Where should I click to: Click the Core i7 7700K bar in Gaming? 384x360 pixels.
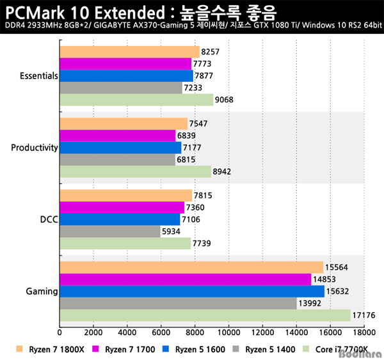[205, 315]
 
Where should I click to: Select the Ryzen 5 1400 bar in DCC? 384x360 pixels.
[109, 231]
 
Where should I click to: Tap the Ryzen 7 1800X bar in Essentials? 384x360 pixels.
[129, 52]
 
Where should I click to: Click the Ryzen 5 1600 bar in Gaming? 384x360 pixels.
[192, 292]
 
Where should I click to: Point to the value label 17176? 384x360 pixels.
[364, 315]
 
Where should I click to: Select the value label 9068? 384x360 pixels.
[226, 100]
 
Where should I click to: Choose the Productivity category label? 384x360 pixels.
[35, 148]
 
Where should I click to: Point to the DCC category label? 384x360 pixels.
[48, 219]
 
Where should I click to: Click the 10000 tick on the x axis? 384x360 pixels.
[228, 333]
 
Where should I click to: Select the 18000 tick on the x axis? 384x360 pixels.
[364, 333]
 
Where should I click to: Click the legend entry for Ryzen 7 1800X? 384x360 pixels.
[45, 350]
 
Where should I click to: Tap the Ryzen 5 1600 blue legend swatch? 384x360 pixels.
[167, 350]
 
